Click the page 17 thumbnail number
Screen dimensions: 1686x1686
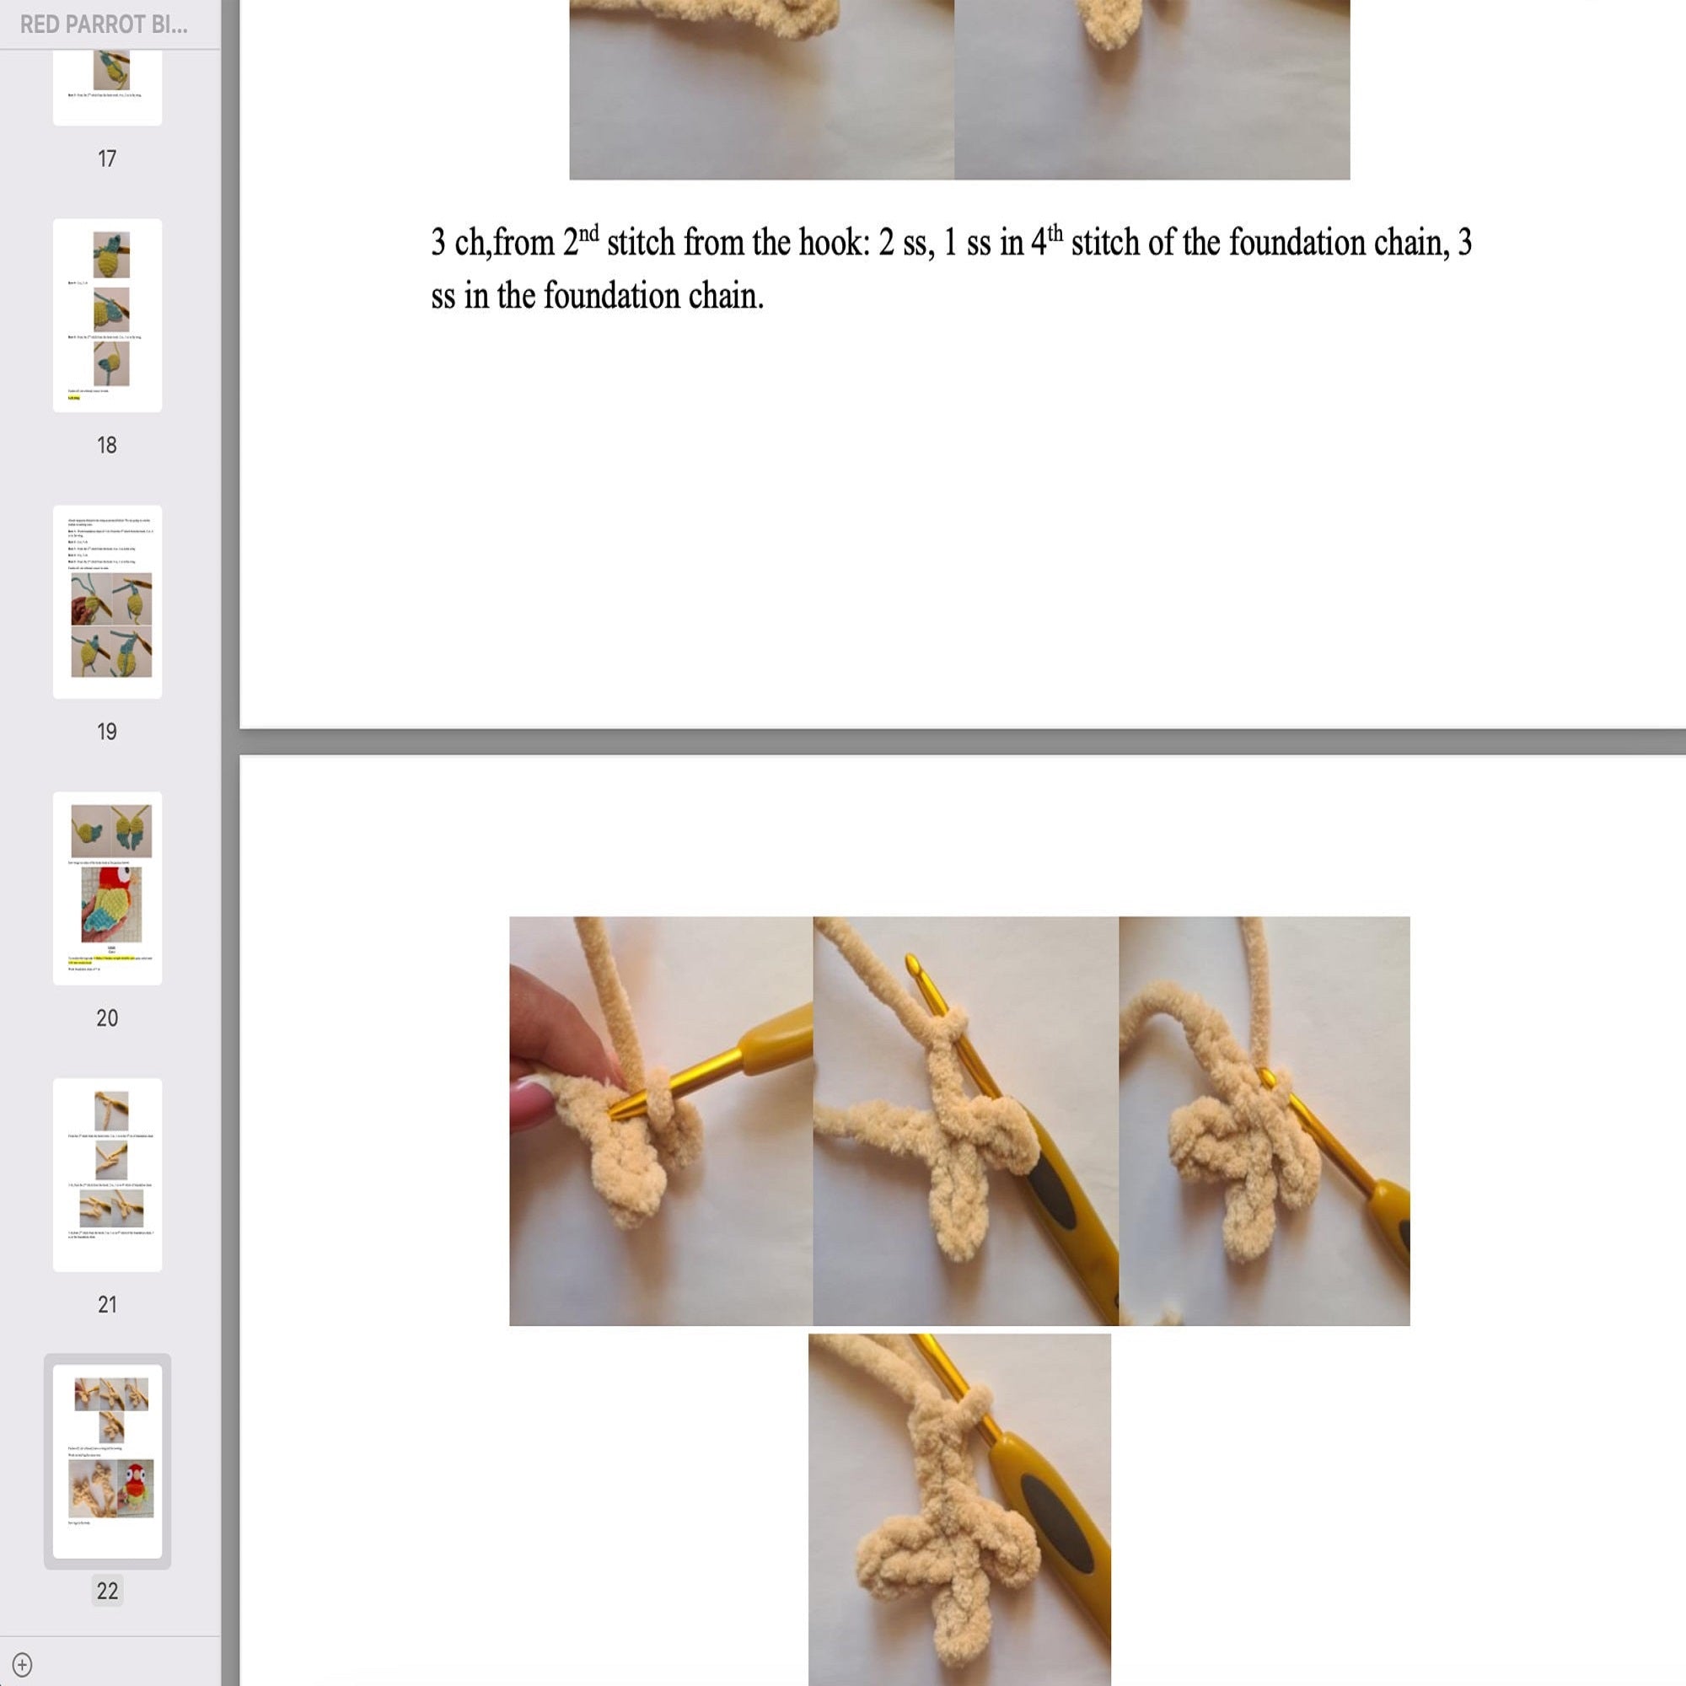[106, 158]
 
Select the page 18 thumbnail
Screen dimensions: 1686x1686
[107, 315]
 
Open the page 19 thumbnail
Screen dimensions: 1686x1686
[107, 601]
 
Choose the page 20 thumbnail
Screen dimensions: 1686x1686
[107, 888]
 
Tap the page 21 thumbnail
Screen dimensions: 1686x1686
[107, 1173]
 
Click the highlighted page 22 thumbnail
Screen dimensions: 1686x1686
[107, 1460]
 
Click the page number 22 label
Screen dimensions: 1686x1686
[107, 1591]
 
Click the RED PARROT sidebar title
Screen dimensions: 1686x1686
[103, 24]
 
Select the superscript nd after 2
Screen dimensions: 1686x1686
[589, 233]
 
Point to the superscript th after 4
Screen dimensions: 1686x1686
[1055, 233]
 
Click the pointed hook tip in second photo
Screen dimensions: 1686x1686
[912, 964]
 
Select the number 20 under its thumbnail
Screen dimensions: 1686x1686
[106, 1018]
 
